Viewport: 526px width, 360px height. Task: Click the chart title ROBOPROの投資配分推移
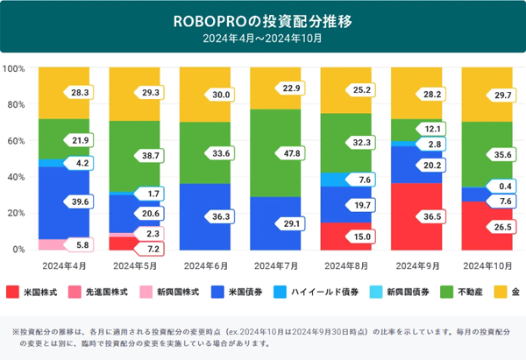coord(262,18)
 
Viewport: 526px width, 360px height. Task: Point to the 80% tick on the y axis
coord(14,104)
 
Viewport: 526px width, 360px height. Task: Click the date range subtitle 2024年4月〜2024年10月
coord(262,38)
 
